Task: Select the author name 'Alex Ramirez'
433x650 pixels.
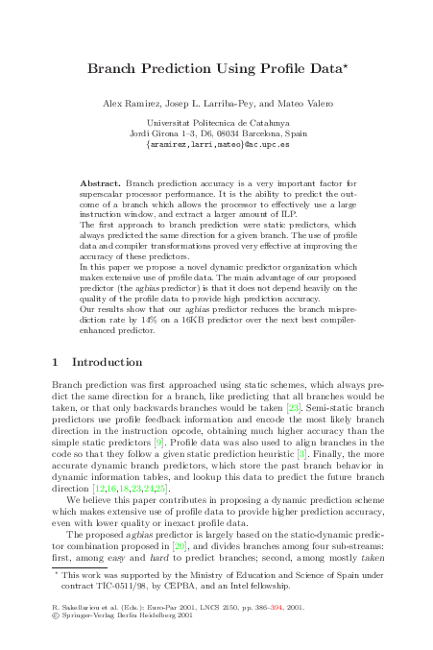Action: point(127,103)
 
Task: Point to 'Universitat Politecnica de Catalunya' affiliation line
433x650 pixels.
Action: point(217,124)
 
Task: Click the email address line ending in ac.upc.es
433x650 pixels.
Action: point(217,145)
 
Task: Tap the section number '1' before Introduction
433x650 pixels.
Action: point(54,363)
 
